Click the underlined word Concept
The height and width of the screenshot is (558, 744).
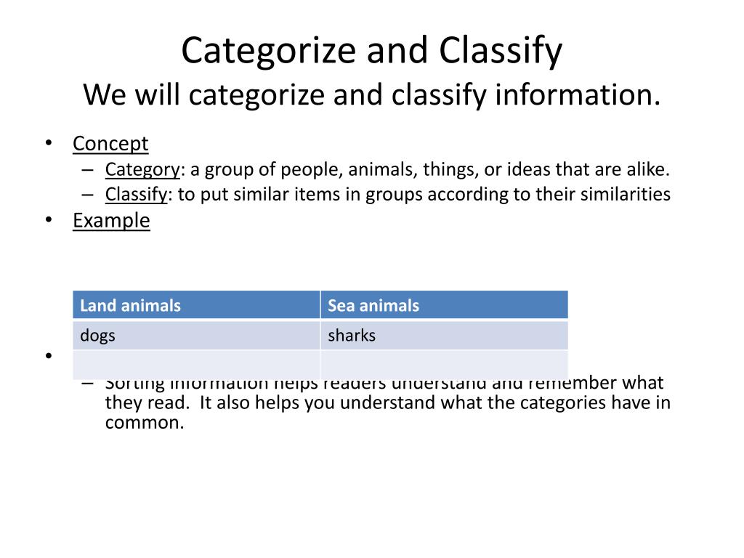coord(110,144)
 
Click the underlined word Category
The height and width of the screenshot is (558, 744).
coord(142,169)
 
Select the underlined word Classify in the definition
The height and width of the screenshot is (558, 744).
coord(137,194)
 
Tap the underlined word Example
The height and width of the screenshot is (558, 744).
coord(111,220)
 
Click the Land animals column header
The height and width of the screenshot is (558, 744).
coord(196,305)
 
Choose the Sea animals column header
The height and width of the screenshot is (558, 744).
coord(444,305)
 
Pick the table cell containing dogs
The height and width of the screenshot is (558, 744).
coord(196,336)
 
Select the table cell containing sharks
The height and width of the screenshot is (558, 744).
coord(444,336)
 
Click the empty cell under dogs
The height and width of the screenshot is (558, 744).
coord(196,365)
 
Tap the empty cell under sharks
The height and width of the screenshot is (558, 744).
coord(444,365)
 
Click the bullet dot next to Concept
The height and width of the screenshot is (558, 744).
coord(49,143)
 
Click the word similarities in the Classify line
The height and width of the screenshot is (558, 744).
coord(624,194)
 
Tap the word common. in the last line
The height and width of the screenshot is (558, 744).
coord(145,422)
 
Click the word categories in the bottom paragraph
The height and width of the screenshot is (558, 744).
coord(560,403)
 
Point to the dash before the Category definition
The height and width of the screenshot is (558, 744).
coord(87,170)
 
